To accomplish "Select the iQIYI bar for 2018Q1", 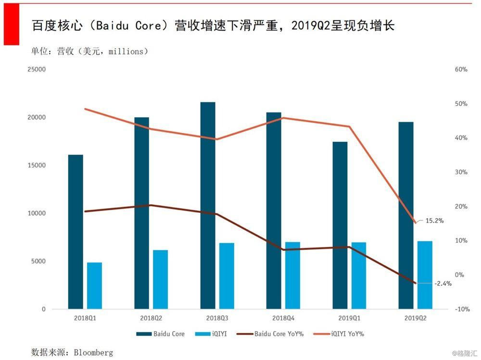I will (94, 286).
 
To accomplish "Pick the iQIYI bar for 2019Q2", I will (425, 275).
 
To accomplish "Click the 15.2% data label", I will (434, 221).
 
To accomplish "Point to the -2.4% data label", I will (443, 284).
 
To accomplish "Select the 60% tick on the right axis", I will (461, 69).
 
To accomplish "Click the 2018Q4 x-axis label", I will (282, 318).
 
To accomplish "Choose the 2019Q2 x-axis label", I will (415, 318).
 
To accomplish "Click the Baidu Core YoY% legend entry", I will (278, 334).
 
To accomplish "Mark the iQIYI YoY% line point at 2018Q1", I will (85, 109).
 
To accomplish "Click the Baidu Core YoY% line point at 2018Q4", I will (283, 250).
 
